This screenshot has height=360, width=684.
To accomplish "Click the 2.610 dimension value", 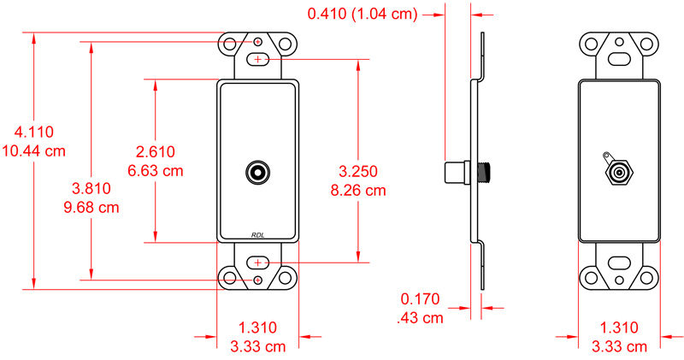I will click(156, 151).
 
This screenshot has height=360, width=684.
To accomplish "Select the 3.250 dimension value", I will click(358, 171).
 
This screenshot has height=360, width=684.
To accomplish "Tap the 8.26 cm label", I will click(358, 190).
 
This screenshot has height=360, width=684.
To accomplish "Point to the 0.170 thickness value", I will click(420, 299).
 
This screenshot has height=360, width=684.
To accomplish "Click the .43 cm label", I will click(421, 318).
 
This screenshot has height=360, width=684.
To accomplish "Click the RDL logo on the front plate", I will click(258, 235).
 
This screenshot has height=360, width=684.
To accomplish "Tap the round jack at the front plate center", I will click(257, 171).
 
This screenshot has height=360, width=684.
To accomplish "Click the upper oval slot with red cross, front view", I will click(258, 60).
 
